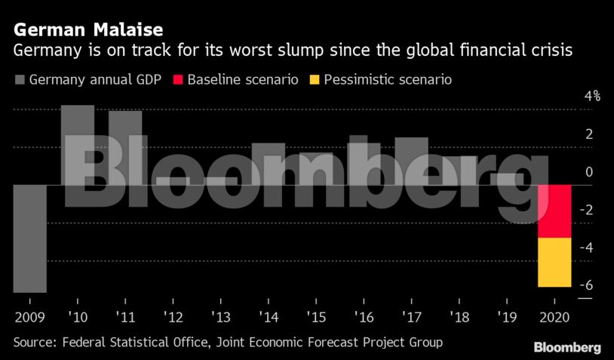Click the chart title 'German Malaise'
[x=87, y=30]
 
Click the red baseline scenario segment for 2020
[x=554, y=211]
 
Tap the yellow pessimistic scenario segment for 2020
[x=554, y=262]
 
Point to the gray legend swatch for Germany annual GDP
[x=19, y=78]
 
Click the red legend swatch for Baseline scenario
[x=178, y=78]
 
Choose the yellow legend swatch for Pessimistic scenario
[x=315, y=78]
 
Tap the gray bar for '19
[x=506, y=179]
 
